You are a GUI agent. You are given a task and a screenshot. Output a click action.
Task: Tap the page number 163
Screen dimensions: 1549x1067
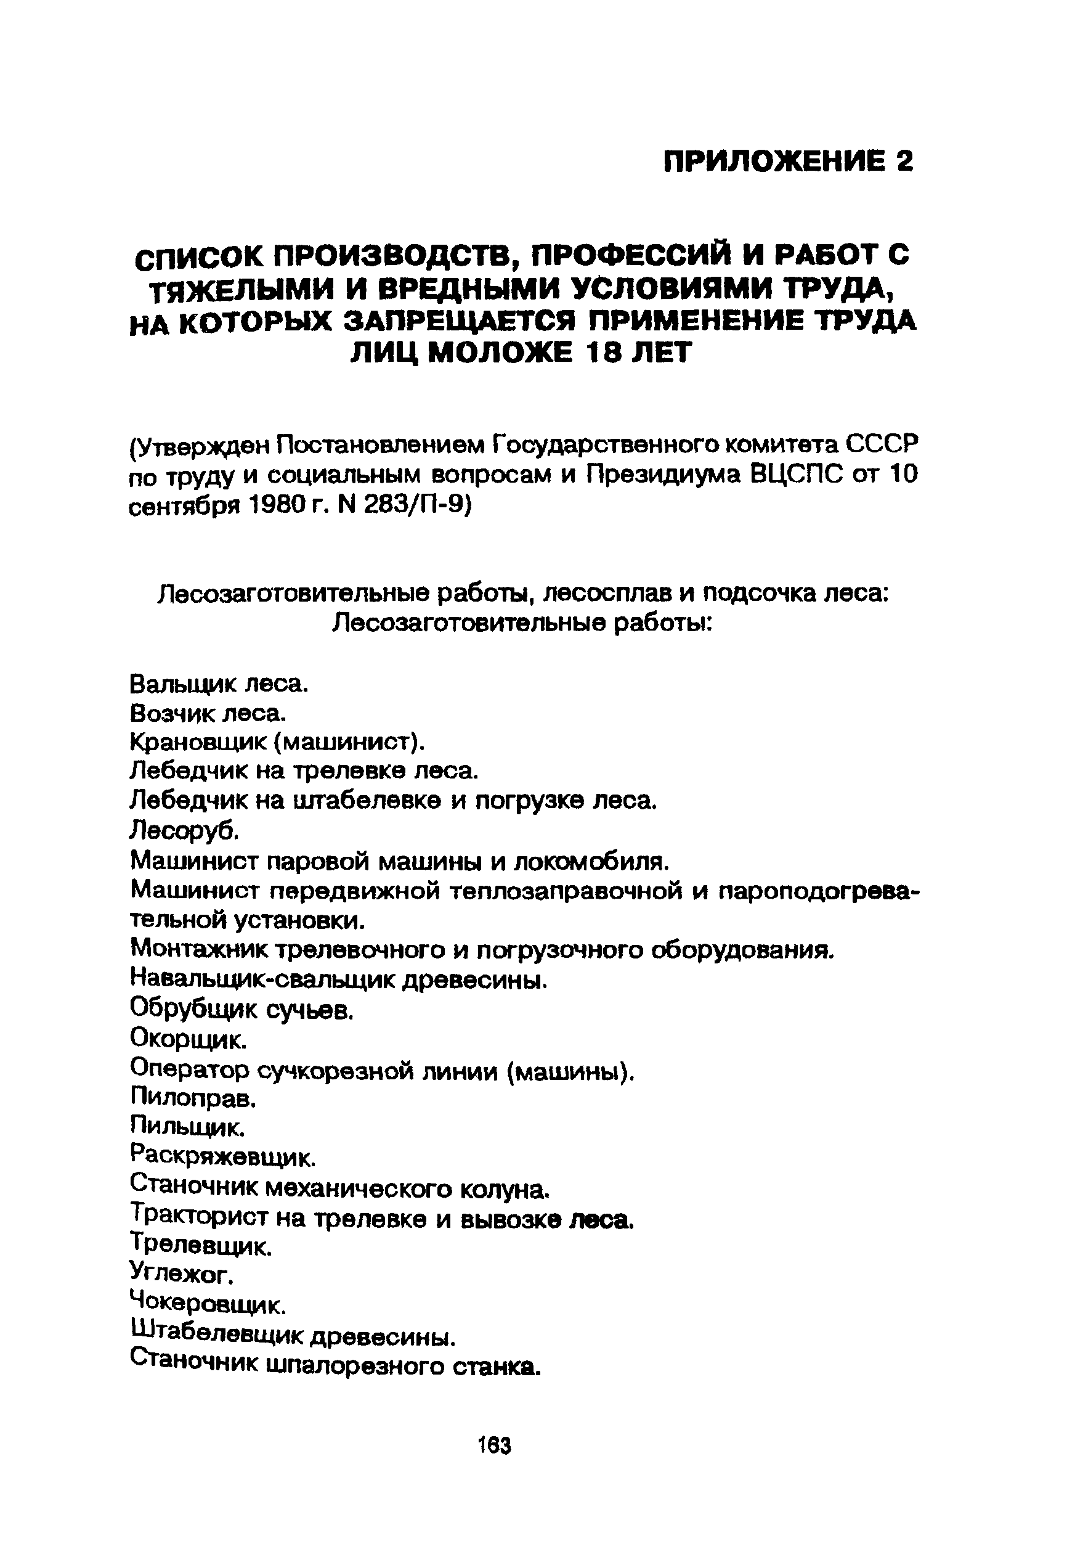coord(495,1446)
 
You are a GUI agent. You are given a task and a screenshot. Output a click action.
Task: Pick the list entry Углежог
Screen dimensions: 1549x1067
coord(181,1274)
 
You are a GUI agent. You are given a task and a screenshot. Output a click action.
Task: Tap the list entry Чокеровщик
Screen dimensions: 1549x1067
coord(207,1304)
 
